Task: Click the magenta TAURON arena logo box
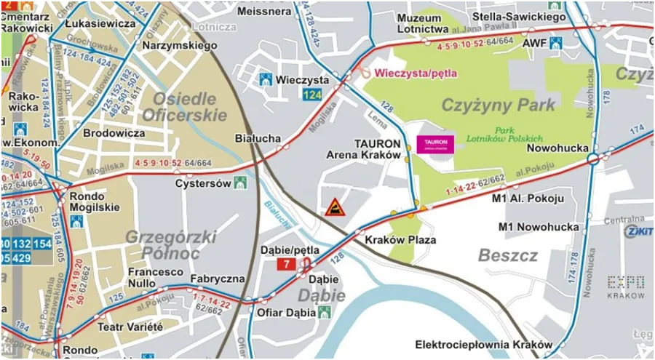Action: [x=434, y=143]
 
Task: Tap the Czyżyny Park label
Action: [x=499, y=105]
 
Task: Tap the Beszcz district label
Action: [x=508, y=255]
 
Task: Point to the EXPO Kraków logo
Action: [x=625, y=287]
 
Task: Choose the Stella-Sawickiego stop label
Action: [x=519, y=15]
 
